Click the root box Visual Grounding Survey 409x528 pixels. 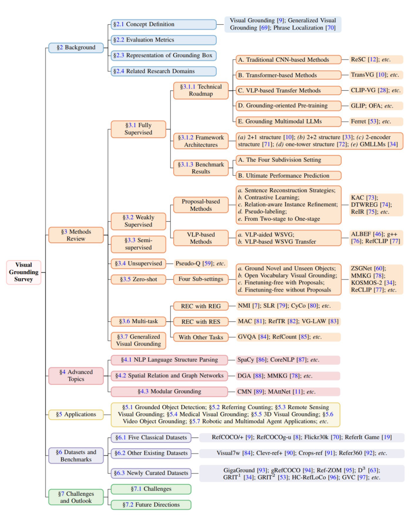tap(23, 272)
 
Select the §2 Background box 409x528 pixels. tap(76, 48)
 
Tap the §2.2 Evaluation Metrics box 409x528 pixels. tap(163, 40)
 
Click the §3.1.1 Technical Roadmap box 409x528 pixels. tap(201, 90)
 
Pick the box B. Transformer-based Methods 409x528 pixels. tap(288, 75)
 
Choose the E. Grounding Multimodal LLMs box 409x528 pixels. tap(288, 121)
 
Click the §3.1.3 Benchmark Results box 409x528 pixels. tap(201, 168)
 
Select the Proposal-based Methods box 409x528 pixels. tap(201, 205)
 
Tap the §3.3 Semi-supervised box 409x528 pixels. tap(138, 244)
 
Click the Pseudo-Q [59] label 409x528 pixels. tap(200, 263)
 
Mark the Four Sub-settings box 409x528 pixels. tap(201, 279)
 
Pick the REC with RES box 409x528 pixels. tap(201, 322)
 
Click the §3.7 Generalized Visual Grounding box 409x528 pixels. tap(138, 340)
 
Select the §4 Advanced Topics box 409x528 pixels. tap(76, 375)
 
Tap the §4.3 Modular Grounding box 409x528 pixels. tap(169, 391)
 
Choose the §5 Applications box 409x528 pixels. tap(76, 414)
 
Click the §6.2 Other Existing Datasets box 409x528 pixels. tap(151, 453)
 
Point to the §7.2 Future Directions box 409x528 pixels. tap(151, 505)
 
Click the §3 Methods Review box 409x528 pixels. tap(76, 235)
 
